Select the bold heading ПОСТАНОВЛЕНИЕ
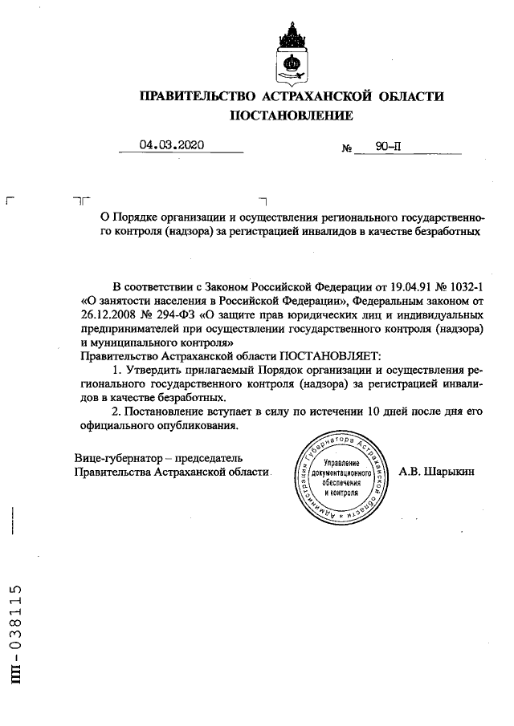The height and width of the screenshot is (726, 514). tap(292, 116)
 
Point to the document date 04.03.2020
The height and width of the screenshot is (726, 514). tap(172, 145)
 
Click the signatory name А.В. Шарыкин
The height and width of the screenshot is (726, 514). tap(436, 472)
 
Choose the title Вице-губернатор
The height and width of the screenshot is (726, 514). tap(116, 458)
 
